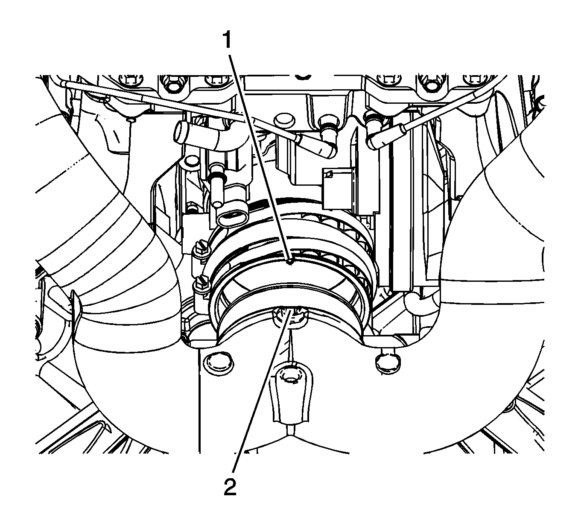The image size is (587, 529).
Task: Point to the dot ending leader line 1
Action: (290, 262)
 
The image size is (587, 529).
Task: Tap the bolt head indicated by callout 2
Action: (290, 317)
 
